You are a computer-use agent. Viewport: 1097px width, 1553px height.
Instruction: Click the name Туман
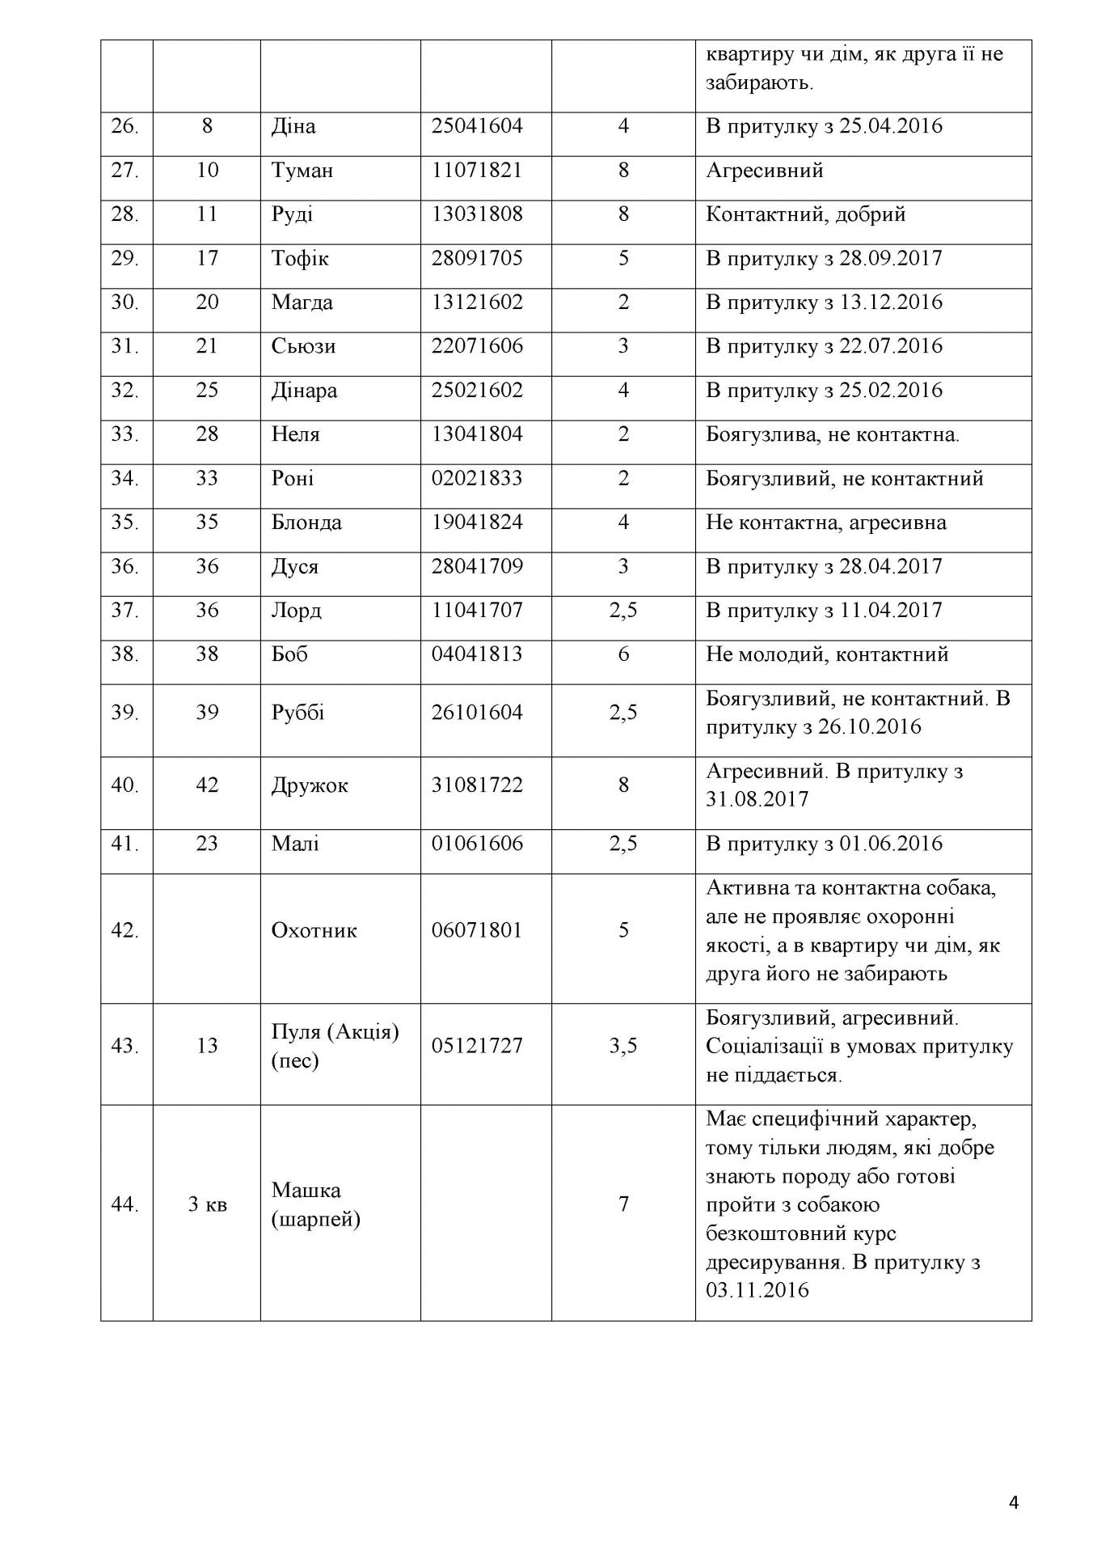302,171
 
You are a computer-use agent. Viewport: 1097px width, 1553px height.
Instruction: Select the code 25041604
477,126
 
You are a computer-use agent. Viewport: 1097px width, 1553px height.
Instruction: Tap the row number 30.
124,303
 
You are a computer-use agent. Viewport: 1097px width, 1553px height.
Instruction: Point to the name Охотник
314,930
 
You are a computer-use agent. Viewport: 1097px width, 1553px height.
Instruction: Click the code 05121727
477,1046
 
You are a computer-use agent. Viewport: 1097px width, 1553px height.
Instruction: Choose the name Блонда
306,523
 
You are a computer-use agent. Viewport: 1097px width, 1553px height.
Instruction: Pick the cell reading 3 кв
207,1204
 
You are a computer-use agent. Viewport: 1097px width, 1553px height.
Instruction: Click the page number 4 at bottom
1014,1503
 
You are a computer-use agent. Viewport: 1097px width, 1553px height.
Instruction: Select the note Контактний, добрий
805,214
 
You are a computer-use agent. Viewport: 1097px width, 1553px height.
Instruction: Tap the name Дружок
310,785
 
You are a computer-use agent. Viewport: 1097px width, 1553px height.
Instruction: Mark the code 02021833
477,478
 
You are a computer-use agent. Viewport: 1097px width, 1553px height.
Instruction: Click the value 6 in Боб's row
623,654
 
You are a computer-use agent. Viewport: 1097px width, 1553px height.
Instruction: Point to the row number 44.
124,1204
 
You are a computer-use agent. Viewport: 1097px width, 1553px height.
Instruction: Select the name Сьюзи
303,346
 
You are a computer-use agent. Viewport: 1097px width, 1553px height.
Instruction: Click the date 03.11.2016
757,1289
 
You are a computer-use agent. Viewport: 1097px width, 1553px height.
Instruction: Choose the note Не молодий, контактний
827,654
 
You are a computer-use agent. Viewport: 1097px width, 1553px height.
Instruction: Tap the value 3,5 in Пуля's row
623,1046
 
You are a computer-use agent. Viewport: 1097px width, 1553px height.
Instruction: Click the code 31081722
477,785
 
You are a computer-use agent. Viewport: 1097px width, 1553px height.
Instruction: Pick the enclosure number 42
207,785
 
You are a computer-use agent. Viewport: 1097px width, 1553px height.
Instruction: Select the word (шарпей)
315,1219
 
